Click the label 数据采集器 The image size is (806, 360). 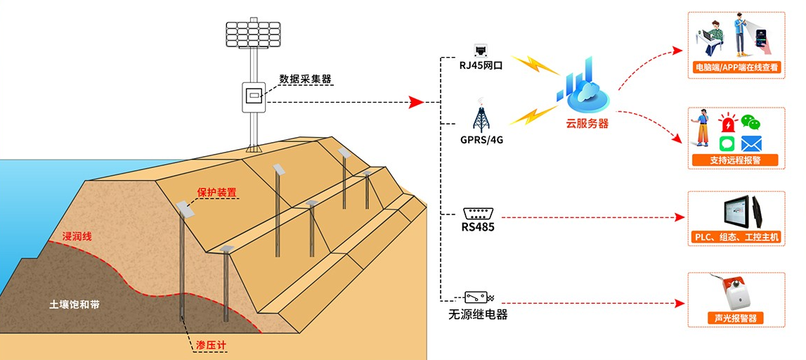(305, 79)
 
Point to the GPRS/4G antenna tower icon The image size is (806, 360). (481, 116)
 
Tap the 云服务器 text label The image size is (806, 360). (587, 123)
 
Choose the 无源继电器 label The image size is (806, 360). (478, 314)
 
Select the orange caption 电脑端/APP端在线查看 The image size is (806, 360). (736, 68)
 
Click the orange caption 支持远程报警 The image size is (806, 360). (736, 160)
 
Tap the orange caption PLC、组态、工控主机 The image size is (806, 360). (736, 238)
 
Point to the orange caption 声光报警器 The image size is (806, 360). (735, 318)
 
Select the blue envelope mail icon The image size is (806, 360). (752, 143)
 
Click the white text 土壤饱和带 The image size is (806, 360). (74, 305)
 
